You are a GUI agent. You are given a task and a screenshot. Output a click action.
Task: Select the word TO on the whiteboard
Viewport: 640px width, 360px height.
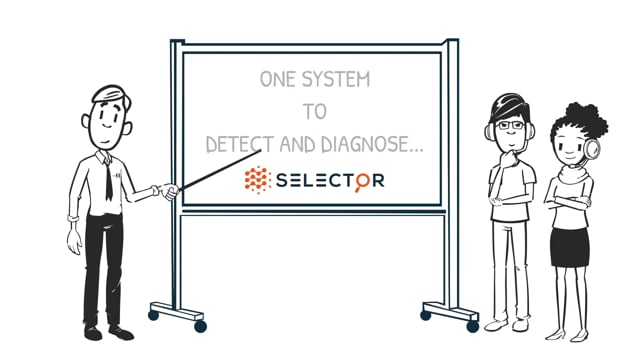coord(314,111)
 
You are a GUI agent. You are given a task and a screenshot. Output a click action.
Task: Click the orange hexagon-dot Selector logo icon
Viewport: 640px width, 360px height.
coord(258,180)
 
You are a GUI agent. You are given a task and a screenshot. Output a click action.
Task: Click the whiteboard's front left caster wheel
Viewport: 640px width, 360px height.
coord(200,326)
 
